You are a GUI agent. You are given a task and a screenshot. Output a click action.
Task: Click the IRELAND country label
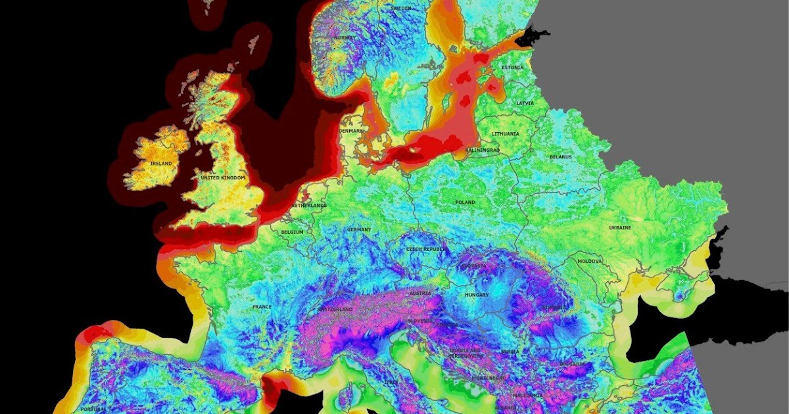(160, 163)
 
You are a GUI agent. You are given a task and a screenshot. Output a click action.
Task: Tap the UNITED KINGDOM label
(223, 178)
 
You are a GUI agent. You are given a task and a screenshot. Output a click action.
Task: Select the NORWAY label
(344, 37)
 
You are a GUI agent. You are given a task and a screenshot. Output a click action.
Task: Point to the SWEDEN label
(401, 8)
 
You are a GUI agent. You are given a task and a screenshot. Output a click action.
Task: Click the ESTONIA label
(513, 68)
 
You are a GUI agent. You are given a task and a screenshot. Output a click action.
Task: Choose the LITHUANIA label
(506, 133)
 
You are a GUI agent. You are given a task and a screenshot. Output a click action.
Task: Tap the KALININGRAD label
(483, 150)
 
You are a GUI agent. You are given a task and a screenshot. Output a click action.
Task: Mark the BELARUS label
(561, 157)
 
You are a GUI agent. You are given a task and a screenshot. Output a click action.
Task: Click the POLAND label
(464, 202)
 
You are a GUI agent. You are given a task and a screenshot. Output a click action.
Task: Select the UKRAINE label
(619, 227)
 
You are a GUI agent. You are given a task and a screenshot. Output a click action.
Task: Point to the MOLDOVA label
(589, 261)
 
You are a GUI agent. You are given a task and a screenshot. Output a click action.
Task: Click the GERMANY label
(359, 229)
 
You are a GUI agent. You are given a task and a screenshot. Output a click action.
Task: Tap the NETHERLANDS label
(309, 206)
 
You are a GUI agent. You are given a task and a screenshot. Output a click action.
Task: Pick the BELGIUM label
(292, 232)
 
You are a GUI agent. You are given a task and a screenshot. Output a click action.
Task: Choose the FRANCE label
(262, 307)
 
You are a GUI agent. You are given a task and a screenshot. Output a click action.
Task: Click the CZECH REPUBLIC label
(426, 250)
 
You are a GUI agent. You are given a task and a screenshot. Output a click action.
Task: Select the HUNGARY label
(477, 295)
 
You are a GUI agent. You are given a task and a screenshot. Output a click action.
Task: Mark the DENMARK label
(350, 131)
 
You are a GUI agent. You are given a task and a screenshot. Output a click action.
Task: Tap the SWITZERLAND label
(336, 310)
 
